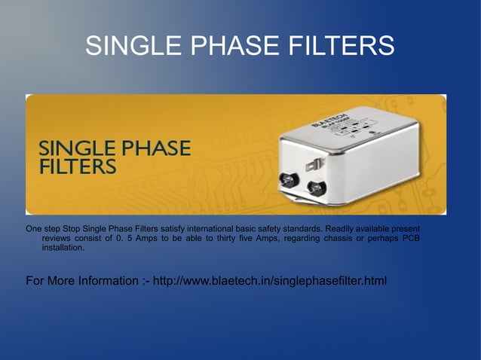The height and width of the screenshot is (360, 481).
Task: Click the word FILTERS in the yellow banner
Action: [77, 166]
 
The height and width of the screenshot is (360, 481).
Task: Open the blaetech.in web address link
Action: [270, 282]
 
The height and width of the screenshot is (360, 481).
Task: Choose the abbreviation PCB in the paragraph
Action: [410, 238]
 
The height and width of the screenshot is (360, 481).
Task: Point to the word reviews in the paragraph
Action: [57, 238]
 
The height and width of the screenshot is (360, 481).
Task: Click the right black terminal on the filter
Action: [313, 186]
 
